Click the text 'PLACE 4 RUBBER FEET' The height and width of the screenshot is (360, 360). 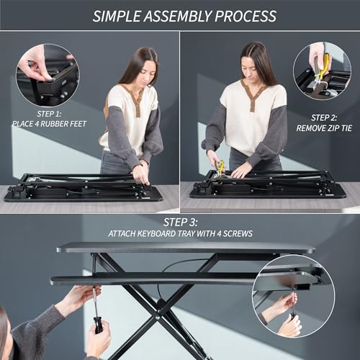[48, 125]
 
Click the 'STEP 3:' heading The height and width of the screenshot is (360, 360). [181, 222]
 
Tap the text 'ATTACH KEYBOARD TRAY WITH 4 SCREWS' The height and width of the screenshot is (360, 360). [181, 233]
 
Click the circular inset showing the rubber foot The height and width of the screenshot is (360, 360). [48, 74]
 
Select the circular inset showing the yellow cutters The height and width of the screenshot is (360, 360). [321, 71]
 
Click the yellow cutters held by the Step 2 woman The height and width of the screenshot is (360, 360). [220, 168]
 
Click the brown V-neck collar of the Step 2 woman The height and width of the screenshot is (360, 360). [253, 94]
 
